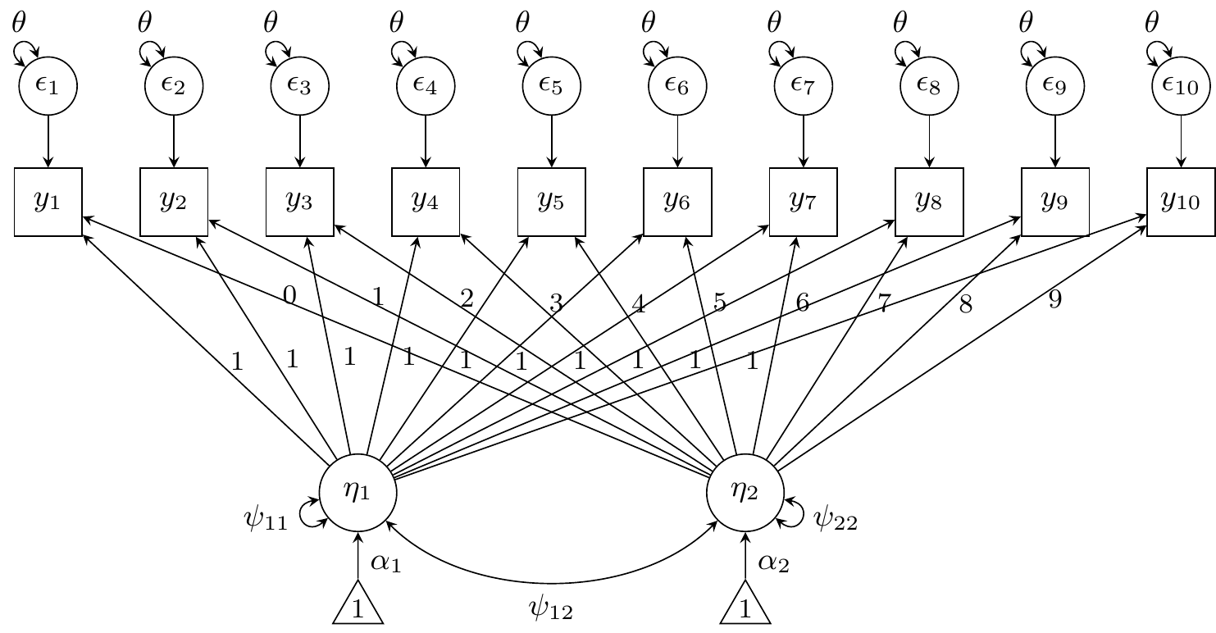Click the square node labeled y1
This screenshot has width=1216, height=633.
point(48,202)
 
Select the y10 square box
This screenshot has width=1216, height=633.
point(1180,202)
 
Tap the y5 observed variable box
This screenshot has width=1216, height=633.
point(551,202)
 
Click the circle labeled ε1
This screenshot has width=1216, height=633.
point(48,85)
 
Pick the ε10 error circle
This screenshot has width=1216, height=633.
point(1180,85)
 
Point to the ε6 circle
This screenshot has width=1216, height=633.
point(677,85)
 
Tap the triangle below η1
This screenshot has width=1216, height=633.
point(358,605)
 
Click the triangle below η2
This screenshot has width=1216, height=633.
point(746,605)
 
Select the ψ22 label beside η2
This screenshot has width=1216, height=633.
point(835,519)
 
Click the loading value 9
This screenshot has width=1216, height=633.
point(1055,300)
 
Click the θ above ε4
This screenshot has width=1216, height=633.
point(397,23)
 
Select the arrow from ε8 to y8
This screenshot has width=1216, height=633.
point(929,140)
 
